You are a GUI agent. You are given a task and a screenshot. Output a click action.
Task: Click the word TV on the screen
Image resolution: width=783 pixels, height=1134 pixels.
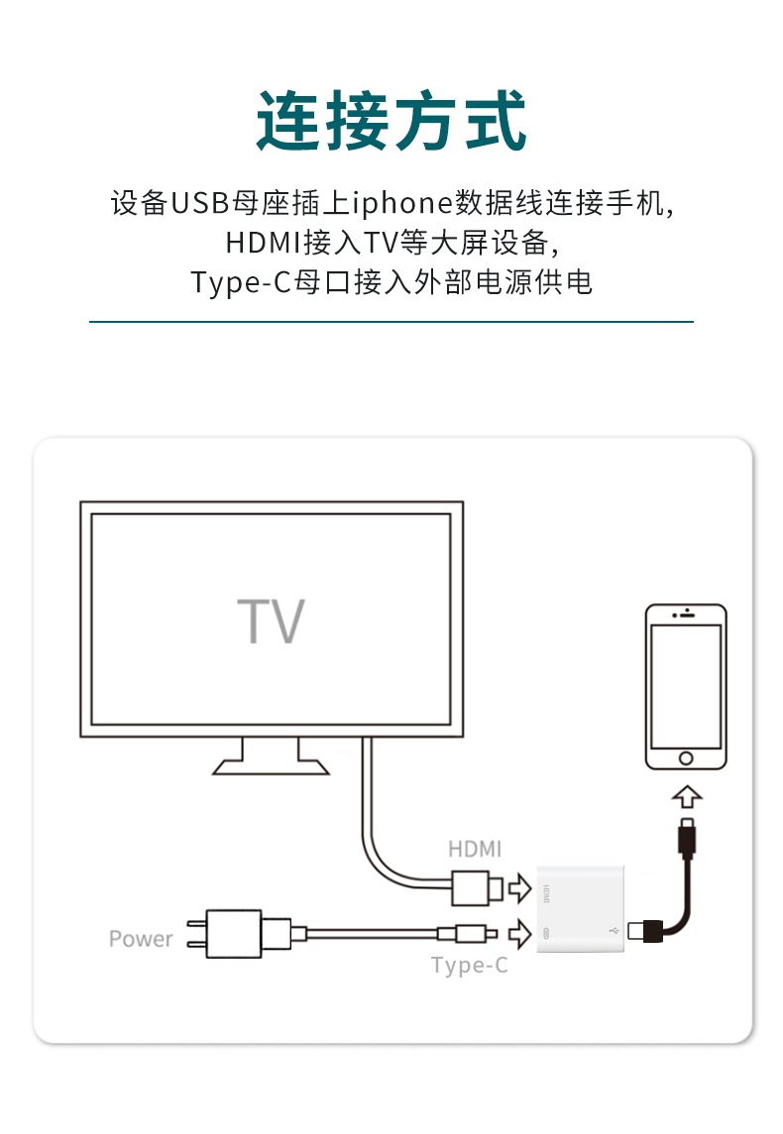[271, 621]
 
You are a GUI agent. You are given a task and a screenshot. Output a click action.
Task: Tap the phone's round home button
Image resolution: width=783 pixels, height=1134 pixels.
[685, 758]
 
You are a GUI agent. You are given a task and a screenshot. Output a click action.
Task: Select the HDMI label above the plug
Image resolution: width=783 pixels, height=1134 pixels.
[475, 849]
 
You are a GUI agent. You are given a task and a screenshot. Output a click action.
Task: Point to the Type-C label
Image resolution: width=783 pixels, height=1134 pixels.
[469, 965]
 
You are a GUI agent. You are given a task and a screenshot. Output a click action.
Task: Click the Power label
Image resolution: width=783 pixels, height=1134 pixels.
[141, 939]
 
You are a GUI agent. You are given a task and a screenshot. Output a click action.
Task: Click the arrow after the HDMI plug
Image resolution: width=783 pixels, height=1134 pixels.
[519, 888]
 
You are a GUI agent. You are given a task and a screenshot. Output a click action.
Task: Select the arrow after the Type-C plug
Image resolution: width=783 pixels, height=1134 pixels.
[519, 932]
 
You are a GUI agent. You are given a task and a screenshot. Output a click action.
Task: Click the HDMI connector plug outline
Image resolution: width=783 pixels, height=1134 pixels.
[477, 887]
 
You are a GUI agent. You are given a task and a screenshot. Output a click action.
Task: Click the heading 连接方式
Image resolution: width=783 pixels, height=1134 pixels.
[391, 121]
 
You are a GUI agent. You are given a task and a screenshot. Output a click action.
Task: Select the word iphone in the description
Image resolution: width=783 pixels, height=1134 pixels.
[401, 203]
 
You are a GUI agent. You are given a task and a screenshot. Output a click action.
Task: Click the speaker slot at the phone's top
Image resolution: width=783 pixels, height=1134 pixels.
[686, 616]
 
